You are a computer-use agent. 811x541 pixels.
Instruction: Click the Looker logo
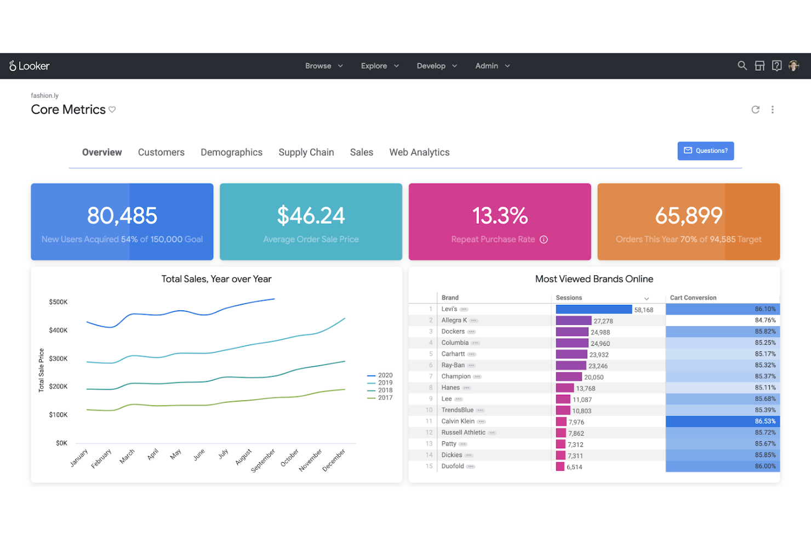(30, 66)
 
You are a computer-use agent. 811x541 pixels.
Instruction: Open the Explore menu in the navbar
(379, 66)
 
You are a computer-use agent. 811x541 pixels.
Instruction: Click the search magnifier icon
(742, 66)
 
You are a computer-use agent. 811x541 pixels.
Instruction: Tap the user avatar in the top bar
(793, 66)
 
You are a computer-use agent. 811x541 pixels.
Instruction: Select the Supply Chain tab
(306, 152)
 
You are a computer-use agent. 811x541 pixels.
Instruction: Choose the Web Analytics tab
(419, 152)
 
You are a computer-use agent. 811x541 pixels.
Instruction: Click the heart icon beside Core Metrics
(112, 110)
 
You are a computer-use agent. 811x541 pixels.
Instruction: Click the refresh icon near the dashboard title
(755, 110)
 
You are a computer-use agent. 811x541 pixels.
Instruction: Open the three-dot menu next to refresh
(773, 110)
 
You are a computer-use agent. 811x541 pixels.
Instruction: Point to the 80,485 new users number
(122, 216)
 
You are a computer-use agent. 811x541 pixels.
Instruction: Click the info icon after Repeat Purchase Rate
(544, 240)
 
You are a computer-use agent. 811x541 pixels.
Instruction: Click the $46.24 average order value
(311, 216)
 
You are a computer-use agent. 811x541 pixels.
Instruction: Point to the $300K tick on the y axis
(58, 358)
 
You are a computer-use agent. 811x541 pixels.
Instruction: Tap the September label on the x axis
(264, 460)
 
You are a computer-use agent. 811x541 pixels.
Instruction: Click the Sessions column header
(569, 298)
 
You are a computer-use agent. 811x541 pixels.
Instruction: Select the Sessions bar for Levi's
(593, 310)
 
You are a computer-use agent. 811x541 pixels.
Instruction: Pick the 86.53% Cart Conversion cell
(722, 422)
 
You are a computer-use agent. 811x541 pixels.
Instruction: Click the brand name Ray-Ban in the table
(453, 365)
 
